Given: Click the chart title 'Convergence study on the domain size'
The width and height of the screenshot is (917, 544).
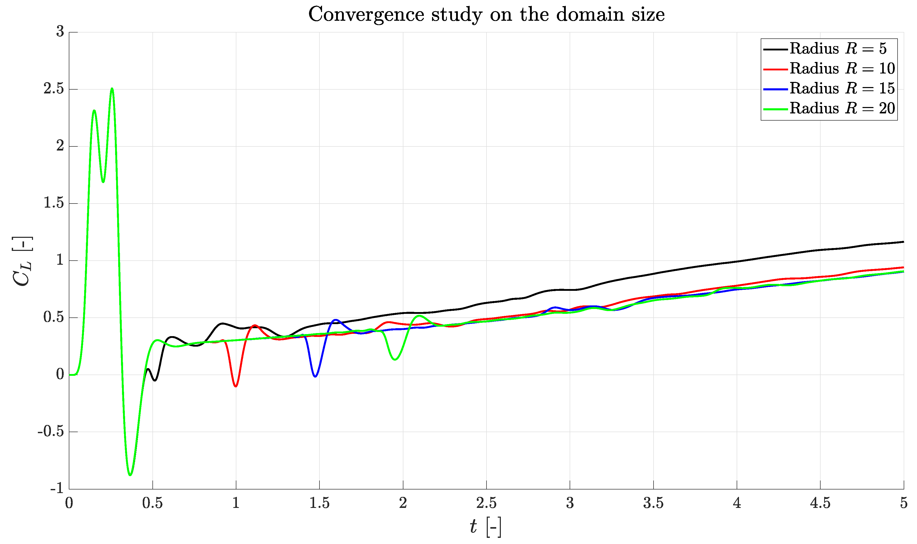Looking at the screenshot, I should (486, 15).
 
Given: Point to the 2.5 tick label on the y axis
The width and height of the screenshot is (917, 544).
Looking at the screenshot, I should (53, 89).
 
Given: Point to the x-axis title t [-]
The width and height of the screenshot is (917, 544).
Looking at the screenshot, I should (485, 527).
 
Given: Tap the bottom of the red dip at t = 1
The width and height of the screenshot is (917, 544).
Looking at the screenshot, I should (236, 386).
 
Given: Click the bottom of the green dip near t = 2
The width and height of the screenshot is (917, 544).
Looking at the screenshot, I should (395, 359).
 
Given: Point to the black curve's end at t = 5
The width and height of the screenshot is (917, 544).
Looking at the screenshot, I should (903, 242).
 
